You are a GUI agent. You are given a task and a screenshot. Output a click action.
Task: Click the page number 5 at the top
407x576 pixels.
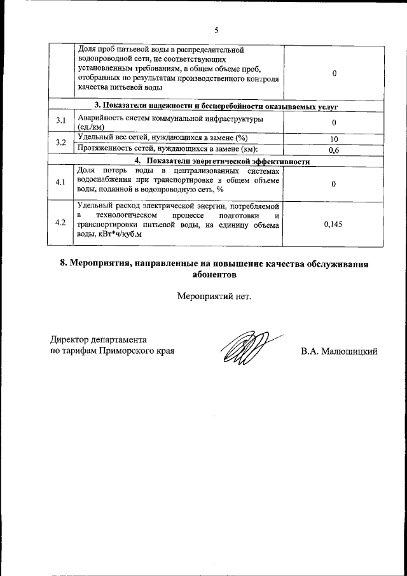216,30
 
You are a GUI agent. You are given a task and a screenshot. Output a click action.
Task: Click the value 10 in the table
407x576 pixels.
334,139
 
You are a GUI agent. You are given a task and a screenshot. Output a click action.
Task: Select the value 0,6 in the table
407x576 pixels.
334,150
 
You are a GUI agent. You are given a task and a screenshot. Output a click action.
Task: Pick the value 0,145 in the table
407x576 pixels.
334,224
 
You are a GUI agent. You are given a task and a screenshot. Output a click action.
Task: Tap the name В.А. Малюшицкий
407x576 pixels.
340,351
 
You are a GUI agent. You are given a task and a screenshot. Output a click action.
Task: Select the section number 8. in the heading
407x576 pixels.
64,263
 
